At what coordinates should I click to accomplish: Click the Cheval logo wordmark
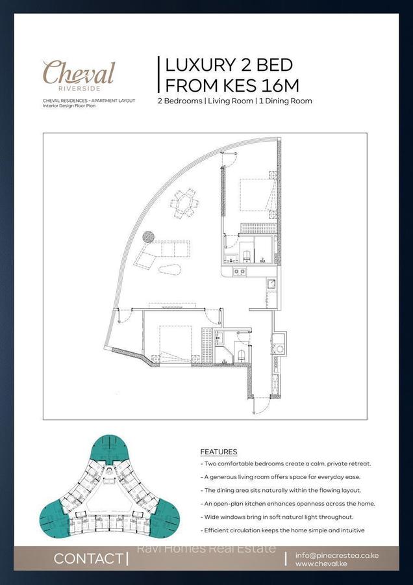[x=79, y=72]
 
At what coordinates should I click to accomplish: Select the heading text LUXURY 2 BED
[x=229, y=65]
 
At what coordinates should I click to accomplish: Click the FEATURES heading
[x=218, y=452]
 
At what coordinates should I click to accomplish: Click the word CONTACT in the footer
[x=88, y=558]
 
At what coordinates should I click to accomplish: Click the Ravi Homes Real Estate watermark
[x=206, y=549]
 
